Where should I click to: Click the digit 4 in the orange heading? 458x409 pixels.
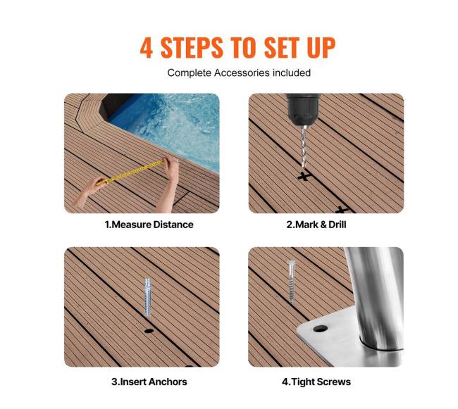(147, 48)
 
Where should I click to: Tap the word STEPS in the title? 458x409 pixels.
(192, 48)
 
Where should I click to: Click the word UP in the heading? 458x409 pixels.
(321, 48)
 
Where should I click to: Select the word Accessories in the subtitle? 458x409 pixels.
(242, 73)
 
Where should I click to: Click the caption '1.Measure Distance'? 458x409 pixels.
(149, 225)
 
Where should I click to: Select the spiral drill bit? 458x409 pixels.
(304, 147)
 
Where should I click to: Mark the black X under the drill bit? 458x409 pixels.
(304, 177)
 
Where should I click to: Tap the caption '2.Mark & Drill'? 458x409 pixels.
(316, 225)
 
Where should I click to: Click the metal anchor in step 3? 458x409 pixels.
(148, 297)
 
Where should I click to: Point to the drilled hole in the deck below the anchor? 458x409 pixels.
(149, 331)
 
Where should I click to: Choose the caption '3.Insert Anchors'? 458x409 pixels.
(149, 382)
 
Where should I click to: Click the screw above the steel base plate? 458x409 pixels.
(291, 281)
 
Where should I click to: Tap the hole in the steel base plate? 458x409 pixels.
(320, 329)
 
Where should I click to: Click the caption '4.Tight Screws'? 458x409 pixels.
(316, 382)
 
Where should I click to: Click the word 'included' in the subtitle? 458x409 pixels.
(291, 73)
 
